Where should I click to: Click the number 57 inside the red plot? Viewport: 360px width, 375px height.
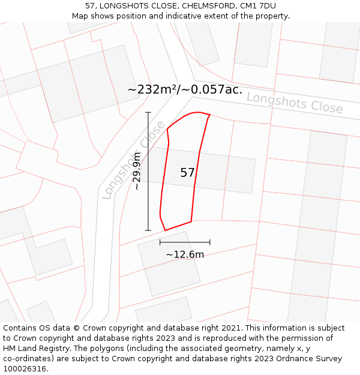pyautogui.click(x=187, y=173)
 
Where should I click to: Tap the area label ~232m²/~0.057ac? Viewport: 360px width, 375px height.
pyautogui.click(x=185, y=89)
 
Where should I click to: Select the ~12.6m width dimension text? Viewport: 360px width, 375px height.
pyautogui.click(x=185, y=254)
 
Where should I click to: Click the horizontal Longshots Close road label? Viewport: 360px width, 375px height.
pyautogui.click(x=295, y=103)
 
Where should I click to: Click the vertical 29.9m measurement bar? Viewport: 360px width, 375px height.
pyautogui.click(x=148, y=171)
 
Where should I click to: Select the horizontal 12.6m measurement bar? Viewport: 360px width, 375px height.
pyautogui.click(x=185, y=242)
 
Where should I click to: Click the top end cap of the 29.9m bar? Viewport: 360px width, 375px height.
pyautogui.click(x=148, y=112)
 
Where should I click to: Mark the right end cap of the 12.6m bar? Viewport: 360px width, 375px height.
pyautogui.click(x=210, y=242)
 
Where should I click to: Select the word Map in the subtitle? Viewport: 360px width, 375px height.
pyautogui.click(x=80, y=16)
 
